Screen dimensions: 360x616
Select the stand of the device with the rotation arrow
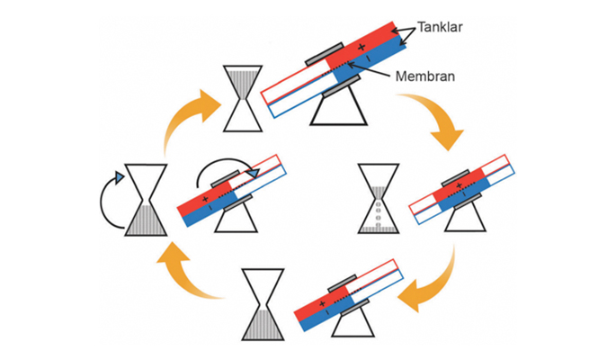coord(228,219)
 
